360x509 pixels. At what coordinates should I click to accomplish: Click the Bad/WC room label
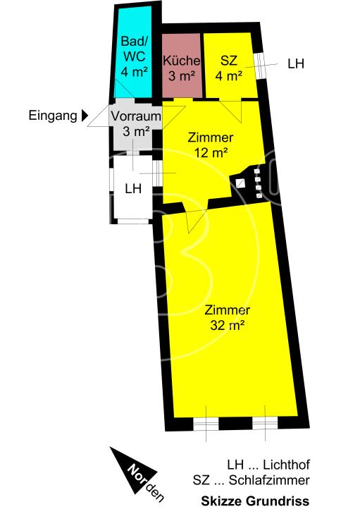point(133,56)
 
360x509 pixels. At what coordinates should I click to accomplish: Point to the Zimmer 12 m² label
point(211,144)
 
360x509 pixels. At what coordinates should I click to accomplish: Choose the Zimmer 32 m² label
point(227,317)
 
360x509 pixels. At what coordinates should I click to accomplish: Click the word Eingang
point(53,115)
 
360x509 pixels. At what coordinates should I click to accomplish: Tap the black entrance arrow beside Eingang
point(85,115)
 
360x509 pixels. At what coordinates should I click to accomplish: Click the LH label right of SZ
point(296,63)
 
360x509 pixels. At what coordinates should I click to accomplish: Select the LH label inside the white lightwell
point(133,188)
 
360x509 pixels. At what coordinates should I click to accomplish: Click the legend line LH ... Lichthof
point(268,466)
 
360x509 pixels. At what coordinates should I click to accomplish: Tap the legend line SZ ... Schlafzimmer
point(252,482)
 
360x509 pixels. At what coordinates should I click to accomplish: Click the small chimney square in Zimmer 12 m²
point(241,183)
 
